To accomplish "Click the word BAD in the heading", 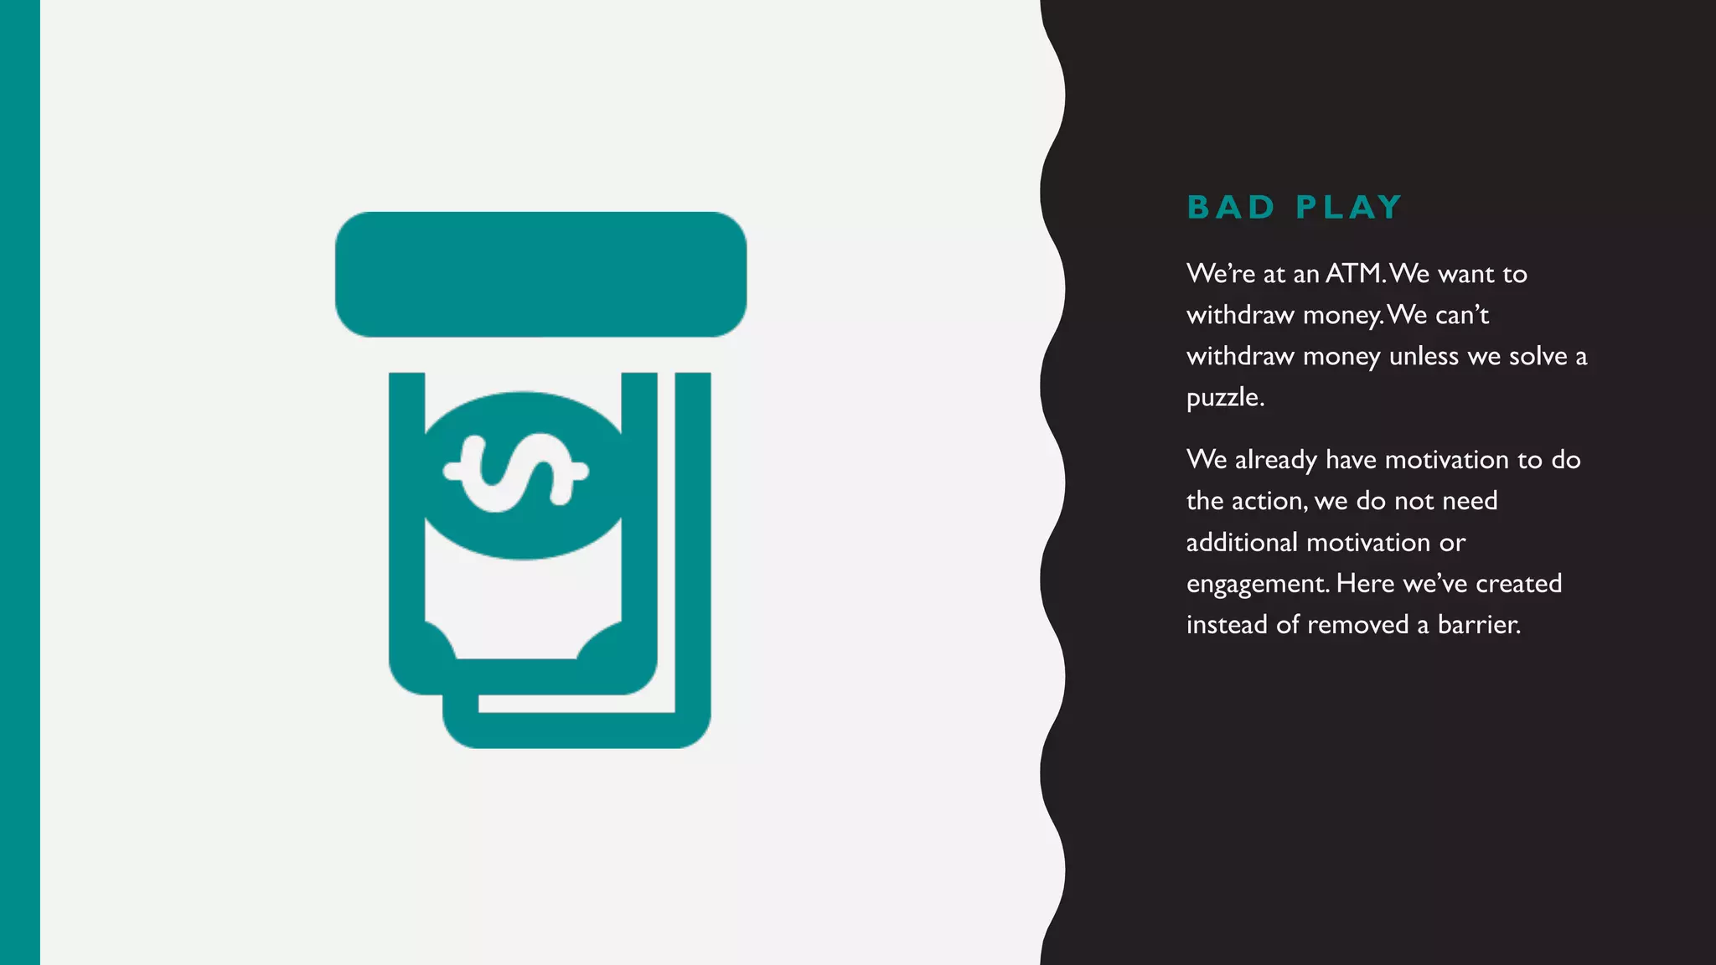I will (1230, 207).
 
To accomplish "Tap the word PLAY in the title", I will (1348, 207).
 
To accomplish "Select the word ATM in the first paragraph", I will (1354, 273).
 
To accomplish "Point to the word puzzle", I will (1225, 398).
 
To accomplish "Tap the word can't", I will (1462, 315).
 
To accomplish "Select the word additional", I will (1242, 542).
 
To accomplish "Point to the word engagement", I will (1258, 584).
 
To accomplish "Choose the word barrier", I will (1479, 624).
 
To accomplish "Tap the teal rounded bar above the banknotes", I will (540, 275).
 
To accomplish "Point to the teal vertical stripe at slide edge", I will (19, 482).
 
